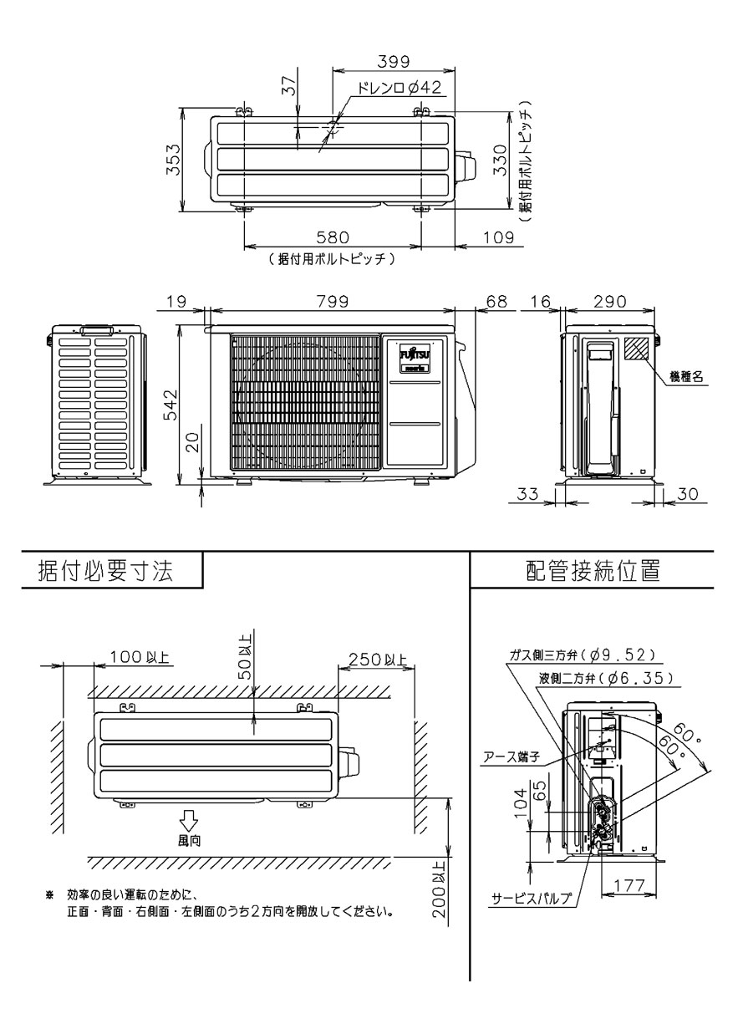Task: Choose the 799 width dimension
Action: [333, 300]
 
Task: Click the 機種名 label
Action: [685, 377]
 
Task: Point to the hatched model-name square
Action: [635, 349]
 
